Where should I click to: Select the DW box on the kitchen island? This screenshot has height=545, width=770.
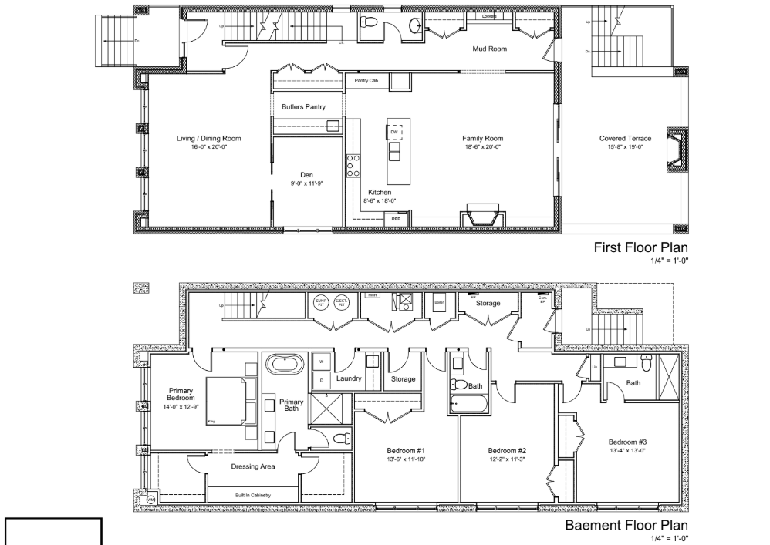pyautogui.click(x=394, y=132)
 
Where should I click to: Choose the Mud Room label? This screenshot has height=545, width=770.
pyautogui.click(x=489, y=49)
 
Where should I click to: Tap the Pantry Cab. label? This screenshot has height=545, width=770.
pyautogui.click(x=366, y=80)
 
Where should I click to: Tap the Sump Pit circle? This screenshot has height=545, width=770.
pyautogui.click(x=322, y=301)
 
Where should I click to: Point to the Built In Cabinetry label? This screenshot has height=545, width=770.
pyautogui.click(x=252, y=494)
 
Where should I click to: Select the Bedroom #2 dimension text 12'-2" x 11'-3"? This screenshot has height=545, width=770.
pyautogui.click(x=506, y=459)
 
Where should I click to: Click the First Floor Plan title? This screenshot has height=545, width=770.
pyautogui.click(x=640, y=248)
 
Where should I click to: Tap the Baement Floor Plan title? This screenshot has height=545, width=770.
pyautogui.click(x=626, y=526)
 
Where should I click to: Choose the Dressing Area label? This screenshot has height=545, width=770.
pyautogui.click(x=253, y=466)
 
